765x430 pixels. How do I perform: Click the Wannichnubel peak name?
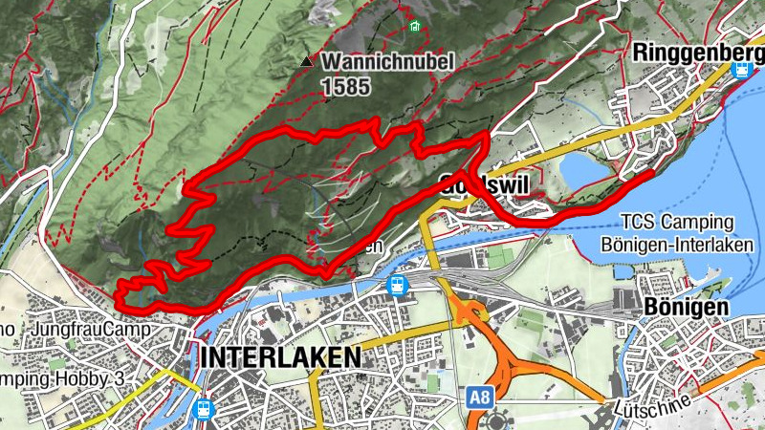pos(387,62)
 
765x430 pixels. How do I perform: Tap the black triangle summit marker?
pos(306,62)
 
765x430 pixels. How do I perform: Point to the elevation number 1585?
pos(345,86)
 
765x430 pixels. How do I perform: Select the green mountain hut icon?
pos(414,26)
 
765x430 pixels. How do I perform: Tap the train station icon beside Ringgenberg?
pos(742,69)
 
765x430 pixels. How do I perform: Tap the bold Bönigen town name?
pos(687,307)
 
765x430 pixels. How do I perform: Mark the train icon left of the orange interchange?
pos(396,286)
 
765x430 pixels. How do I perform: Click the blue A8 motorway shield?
pos(480,394)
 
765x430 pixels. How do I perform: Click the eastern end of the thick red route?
pos(650,174)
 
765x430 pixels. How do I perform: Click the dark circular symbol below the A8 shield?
pos(497,420)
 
